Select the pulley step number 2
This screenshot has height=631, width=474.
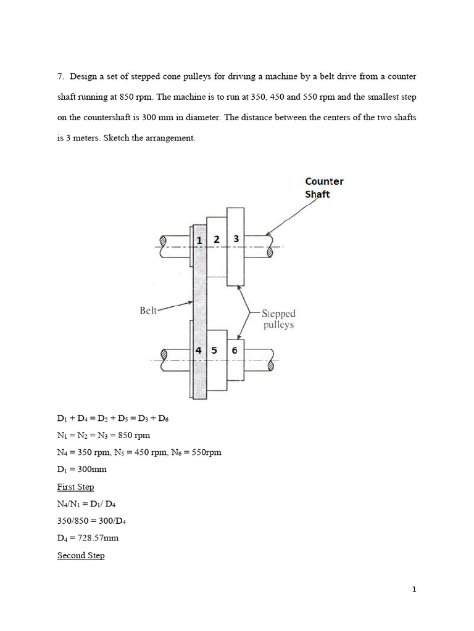(x=217, y=239)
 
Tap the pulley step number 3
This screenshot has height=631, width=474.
(x=236, y=238)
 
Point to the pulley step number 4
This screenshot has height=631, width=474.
(x=199, y=350)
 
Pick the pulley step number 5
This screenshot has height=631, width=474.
(x=214, y=350)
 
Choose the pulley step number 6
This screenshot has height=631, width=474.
(x=235, y=350)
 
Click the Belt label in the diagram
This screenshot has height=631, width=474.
(x=149, y=311)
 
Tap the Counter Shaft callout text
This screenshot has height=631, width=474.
(x=324, y=187)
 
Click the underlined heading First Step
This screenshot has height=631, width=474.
(x=75, y=487)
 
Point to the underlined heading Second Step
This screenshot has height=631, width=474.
(x=81, y=555)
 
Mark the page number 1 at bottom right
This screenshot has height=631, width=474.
(x=415, y=589)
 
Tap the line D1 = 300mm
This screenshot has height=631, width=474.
(x=81, y=470)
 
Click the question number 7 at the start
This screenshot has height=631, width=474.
(x=60, y=77)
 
